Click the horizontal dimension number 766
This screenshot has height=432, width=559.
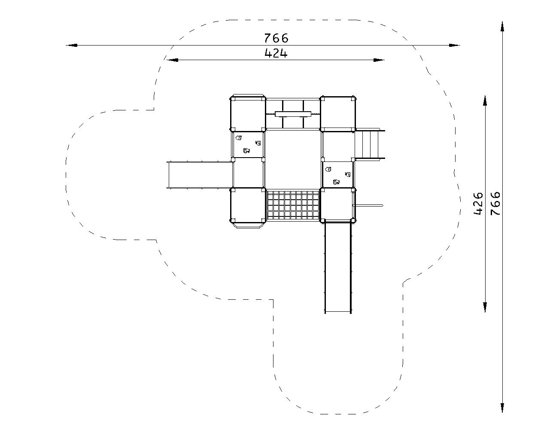pos(276,38)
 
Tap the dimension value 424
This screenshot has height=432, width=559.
pos(276,53)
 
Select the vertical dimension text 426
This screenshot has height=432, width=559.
pos(478,203)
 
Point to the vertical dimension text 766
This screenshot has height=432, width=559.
pos(495,203)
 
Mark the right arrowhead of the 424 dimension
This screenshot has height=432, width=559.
pos(379,60)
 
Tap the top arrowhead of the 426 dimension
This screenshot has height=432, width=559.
pos(485,100)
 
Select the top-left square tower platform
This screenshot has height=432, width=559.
pos(248,113)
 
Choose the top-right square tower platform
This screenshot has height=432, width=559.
pos(338,113)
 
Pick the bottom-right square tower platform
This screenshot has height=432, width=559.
pos(338,205)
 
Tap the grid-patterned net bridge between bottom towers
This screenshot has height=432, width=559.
pos(293,205)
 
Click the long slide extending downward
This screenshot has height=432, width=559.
pos(338,267)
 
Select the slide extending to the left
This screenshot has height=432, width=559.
pos(199,175)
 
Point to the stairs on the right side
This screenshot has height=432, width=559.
pos(370,145)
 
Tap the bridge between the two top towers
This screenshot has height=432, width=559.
pos(293,113)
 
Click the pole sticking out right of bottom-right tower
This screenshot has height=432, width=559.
pos(368,205)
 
